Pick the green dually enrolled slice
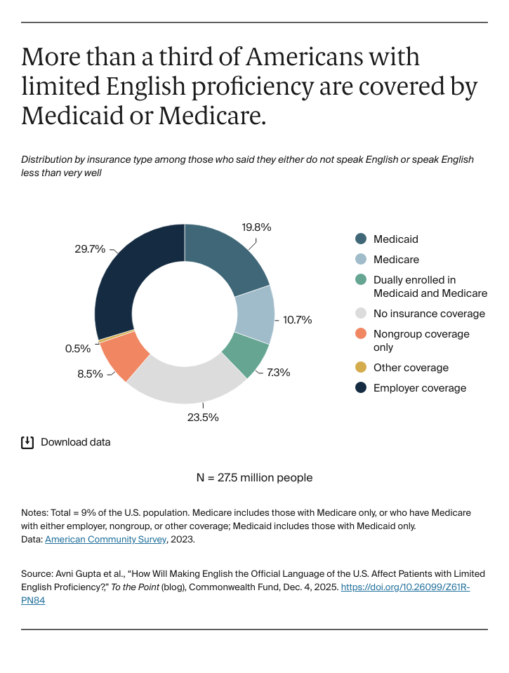pyautogui.click(x=246, y=354)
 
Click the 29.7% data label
pyautogui.click(x=90, y=249)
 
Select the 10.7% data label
pyautogui.click(x=297, y=320)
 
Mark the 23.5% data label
pyautogui.click(x=204, y=417)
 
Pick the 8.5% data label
pyautogui.click(x=89, y=374)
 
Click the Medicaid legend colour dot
pyautogui.click(x=361, y=239)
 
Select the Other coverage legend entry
pyautogui.click(x=411, y=368)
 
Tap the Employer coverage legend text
pyautogui.click(x=419, y=388)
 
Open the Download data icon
pyautogui.click(x=27, y=442)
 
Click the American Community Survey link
pyautogui.click(x=105, y=540)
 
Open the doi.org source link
pyautogui.click(x=405, y=587)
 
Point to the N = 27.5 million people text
pyautogui.click(x=254, y=478)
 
